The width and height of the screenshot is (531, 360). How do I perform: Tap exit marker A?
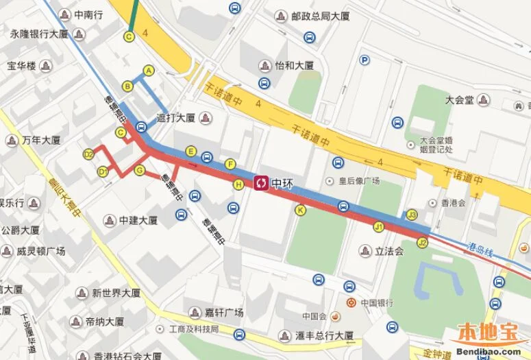click(149, 70)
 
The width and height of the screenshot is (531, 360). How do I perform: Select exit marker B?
click(127, 86)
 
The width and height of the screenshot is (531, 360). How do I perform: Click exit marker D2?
click(88, 154)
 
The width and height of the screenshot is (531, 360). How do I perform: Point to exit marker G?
click(140, 170)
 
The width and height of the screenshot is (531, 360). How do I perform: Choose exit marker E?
click(191, 152)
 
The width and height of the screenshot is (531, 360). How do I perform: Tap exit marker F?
click(231, 163)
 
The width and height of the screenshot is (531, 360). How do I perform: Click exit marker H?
click(238, 184)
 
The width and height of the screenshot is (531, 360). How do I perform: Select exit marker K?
click(300, 210)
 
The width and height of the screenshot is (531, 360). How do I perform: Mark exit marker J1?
click(378, 226)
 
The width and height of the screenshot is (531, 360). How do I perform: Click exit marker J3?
click(412, 215)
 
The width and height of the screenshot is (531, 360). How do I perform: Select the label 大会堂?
click(459, 99)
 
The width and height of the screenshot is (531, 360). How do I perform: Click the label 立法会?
click(389, 252)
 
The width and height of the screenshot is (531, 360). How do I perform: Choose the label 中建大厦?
click(138, 221)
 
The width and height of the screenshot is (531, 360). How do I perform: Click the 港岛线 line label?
click(480, 249)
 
